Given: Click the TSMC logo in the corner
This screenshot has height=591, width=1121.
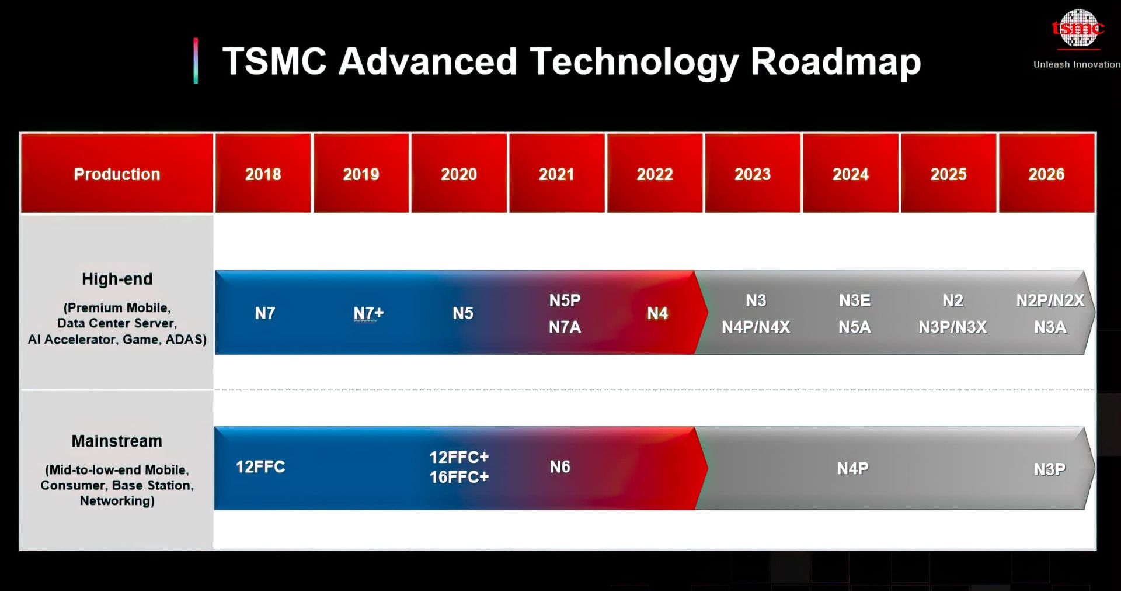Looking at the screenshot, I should coord(1078,29).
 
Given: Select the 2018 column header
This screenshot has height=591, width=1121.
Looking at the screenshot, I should coord(263,174).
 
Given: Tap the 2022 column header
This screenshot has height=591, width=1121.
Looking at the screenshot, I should coord(655,174).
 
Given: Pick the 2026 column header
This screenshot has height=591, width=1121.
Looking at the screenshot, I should coord(1046,174).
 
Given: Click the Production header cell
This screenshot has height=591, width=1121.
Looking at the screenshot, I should coord(117,174).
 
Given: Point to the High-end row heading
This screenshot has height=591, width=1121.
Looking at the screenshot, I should coord(117,279).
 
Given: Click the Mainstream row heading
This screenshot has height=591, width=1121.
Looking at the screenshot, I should coord(117,441).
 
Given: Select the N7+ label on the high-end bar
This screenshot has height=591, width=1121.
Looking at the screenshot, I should coord(368,314).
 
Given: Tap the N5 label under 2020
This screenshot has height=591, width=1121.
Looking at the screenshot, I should coord(463,314).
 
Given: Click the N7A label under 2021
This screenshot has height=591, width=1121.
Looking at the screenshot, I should coord(565,327).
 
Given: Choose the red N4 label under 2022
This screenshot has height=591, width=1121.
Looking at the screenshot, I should coord(657,314).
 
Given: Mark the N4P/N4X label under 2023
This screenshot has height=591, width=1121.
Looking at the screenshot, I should coord(756,327).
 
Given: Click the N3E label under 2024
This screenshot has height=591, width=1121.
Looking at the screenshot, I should coord(854,301).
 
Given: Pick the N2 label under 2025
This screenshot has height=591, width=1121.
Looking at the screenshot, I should coord(952,301).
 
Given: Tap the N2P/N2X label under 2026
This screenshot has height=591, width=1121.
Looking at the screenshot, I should coord(1050,301).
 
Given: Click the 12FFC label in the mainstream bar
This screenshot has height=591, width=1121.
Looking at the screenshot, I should coord(260,467).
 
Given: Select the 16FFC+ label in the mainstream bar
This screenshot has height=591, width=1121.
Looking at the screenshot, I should coord(459,478).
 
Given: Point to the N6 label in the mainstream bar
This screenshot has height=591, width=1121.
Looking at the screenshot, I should coord(559,467).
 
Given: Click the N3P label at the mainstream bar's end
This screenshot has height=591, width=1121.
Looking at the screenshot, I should coord(1049,469).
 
